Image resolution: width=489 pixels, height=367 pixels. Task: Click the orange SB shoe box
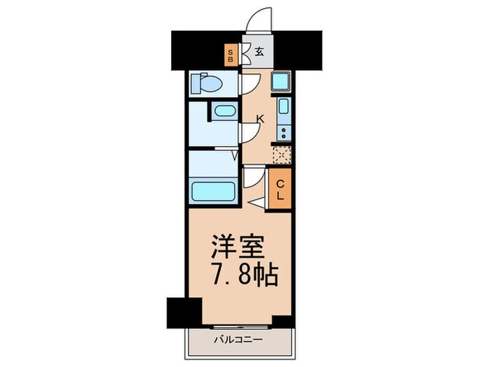[231, 54]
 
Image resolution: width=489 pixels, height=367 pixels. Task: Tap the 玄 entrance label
[258, 52]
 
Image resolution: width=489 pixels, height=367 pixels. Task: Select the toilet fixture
[207, 83]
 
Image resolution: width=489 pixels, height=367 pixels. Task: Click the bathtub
[213, 190]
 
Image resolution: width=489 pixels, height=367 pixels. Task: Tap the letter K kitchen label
[260, 119]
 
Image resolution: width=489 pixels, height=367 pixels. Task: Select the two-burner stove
[283, 132]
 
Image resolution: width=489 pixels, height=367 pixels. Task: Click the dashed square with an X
[282, 155]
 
